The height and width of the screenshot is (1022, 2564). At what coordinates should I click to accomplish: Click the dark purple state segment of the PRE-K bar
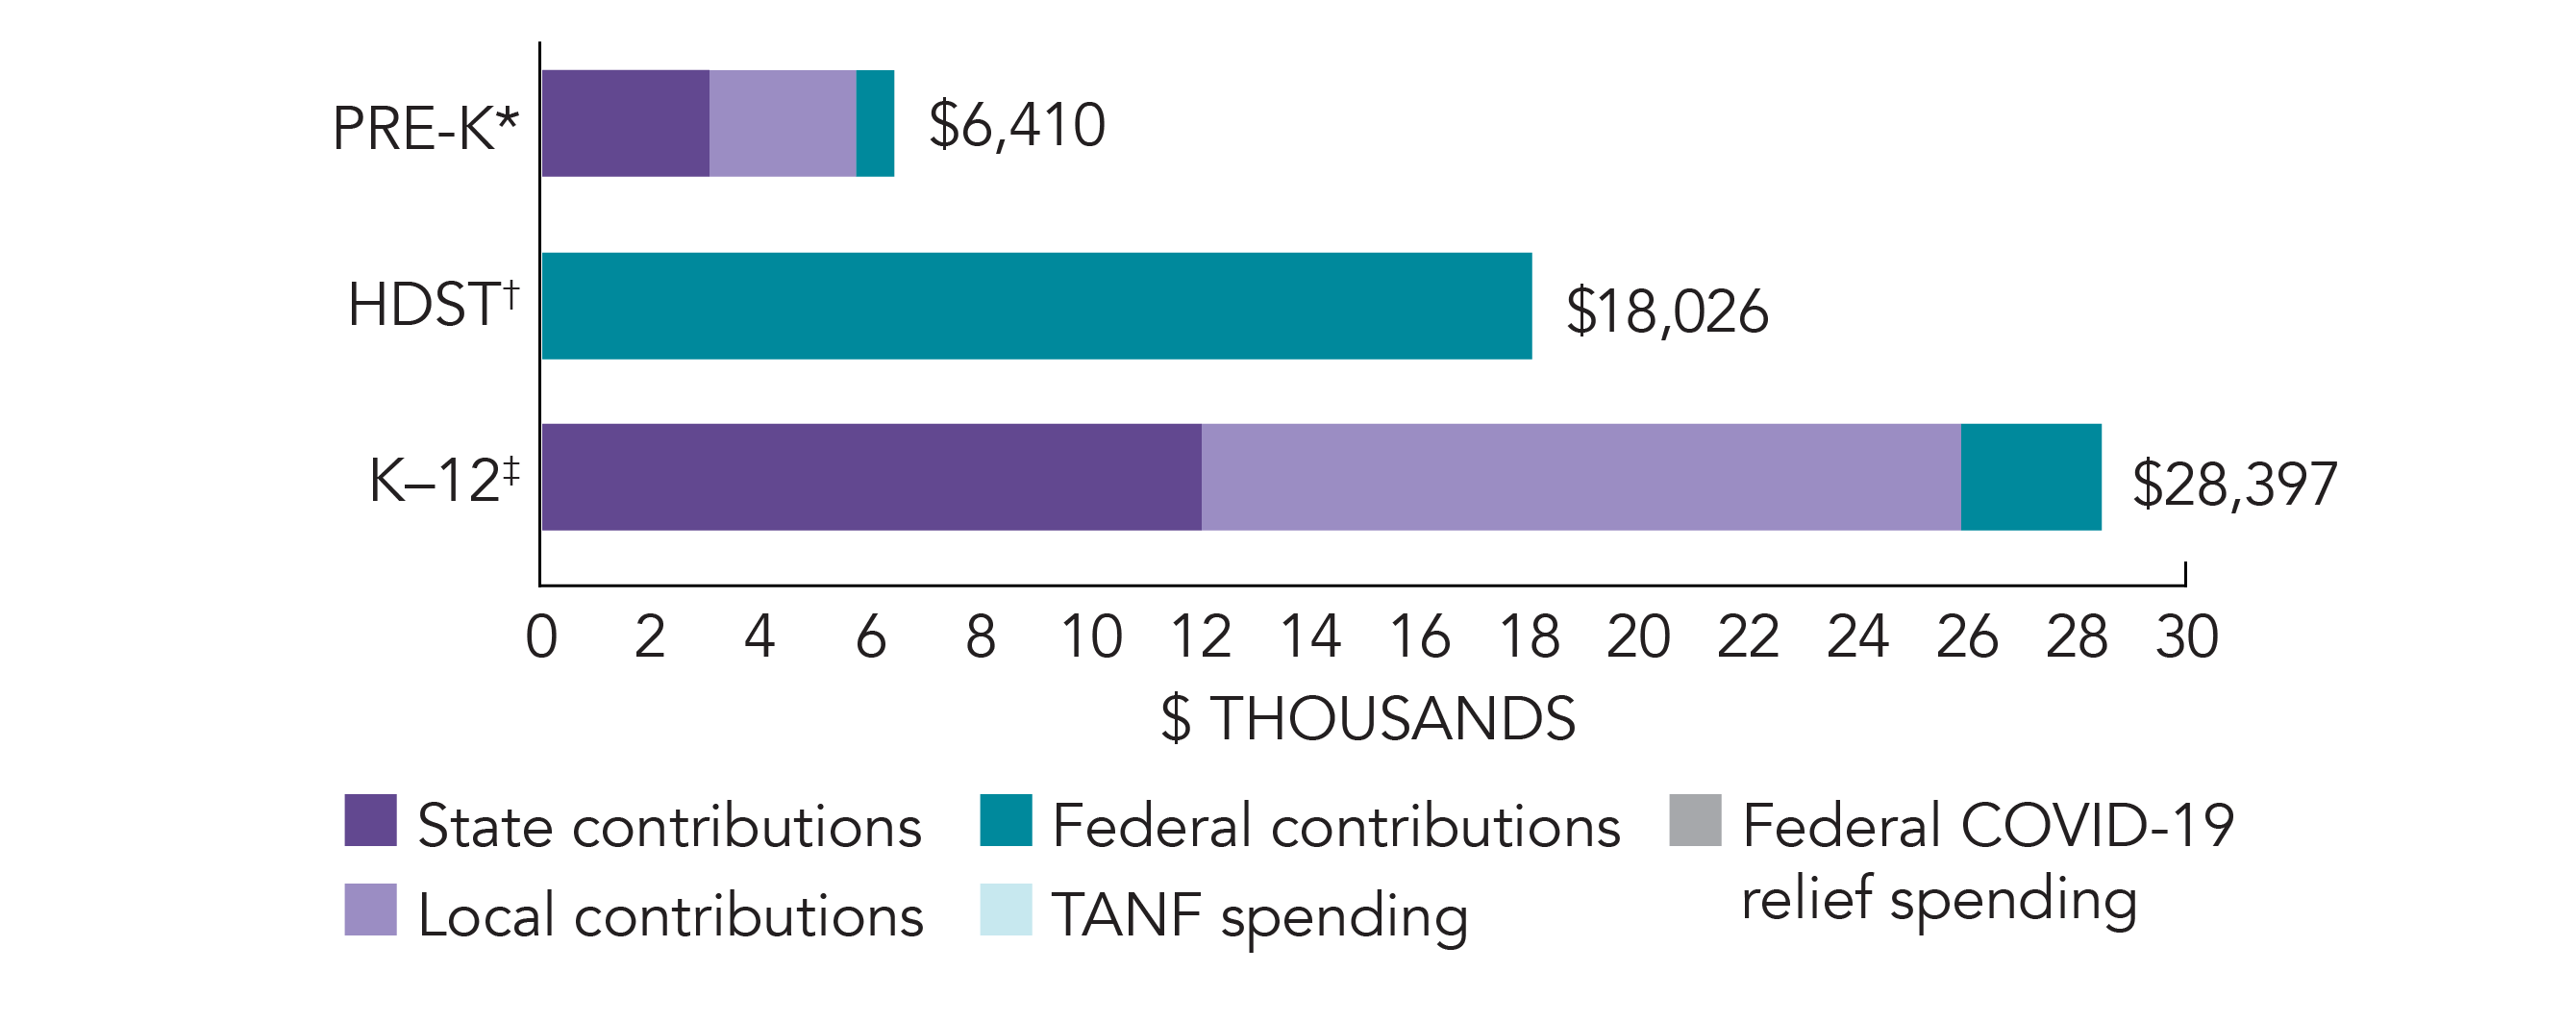[625, 123]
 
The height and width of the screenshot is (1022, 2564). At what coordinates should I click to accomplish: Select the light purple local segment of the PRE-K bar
[783, 123]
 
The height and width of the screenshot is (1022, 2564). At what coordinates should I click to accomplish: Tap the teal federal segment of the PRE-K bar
[875, 123]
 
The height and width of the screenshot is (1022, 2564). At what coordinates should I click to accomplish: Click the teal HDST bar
[1036, 306]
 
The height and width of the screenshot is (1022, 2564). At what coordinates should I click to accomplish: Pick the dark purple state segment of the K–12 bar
[871, 477]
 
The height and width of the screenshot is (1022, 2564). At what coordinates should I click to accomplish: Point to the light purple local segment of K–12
[1581, 477]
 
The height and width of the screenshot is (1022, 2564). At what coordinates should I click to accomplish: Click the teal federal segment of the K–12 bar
[2030, 477]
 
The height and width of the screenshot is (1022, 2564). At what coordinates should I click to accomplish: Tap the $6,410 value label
[1016, 125]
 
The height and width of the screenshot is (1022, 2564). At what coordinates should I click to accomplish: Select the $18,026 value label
[1667, 312]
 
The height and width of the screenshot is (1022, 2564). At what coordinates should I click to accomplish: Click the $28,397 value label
[2233, 485]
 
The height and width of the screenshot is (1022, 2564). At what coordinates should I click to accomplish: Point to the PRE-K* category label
[425, 130]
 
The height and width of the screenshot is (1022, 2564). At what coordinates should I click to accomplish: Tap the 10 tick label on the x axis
[1091, 636]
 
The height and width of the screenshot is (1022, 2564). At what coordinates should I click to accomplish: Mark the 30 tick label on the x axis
[2187, 636]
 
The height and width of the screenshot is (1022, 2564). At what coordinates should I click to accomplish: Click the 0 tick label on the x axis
[541, 636]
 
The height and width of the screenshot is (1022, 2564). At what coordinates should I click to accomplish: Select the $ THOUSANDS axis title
[1368, 718]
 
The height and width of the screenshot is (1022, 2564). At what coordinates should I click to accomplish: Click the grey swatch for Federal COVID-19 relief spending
[1695, 820]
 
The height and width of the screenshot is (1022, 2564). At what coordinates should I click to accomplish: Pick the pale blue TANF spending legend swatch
[1006, 910]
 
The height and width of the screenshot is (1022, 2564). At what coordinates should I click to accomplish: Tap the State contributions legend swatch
[370, 820]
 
